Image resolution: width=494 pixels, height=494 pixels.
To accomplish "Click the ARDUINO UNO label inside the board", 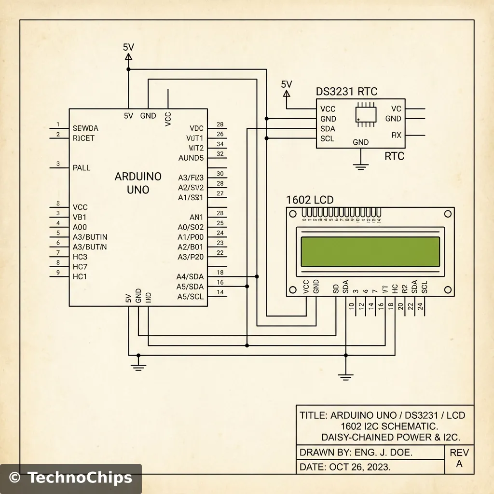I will [138, 183].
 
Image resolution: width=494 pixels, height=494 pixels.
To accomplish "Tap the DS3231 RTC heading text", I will [346, 92].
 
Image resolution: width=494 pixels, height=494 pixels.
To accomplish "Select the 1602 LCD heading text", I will [310, 200].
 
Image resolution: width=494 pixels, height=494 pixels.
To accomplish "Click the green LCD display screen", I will [370, 251].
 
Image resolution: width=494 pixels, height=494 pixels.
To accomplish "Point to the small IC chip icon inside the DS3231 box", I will [366, 114].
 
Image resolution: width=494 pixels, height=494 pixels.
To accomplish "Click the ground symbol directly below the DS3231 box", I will [359, 166].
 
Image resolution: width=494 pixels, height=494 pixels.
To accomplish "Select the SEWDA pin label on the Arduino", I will [85, 128].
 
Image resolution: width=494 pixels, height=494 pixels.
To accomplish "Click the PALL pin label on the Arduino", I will [82, 168].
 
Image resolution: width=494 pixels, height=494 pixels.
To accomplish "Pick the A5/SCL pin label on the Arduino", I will [191, 297].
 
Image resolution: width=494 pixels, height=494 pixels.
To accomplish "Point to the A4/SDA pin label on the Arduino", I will [191, 276].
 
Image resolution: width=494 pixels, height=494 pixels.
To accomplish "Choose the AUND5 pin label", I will [191, 158].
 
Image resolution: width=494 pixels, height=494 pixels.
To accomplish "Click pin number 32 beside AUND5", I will [220, 154].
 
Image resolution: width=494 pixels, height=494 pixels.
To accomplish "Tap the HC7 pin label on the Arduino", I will [80, 267].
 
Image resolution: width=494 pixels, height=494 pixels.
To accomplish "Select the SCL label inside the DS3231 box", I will [328, 139].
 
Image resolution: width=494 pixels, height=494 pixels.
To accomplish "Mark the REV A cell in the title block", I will [459, 458].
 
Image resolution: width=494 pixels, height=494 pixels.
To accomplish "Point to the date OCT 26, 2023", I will [359, 467].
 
